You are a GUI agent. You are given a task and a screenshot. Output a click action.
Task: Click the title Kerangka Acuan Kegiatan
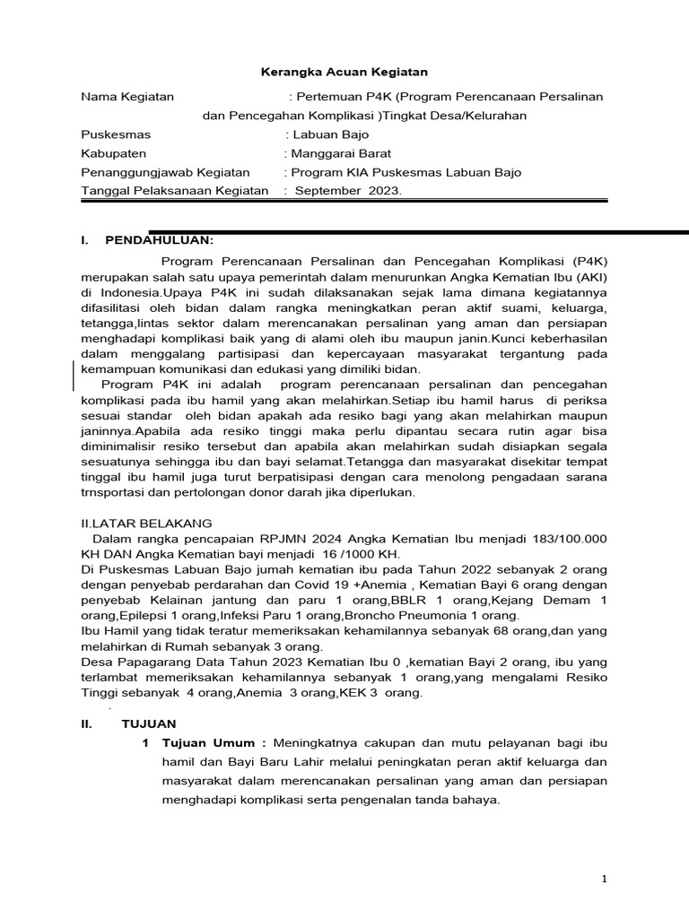(x=344, y=71)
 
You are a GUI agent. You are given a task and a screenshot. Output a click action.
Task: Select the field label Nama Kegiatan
(x=127, y=96)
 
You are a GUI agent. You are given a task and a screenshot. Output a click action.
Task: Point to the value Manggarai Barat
(x=339, y=153)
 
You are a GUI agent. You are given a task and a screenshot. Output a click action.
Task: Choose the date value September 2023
(x=349, y=191)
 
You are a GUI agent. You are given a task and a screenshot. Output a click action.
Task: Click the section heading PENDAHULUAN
(x=160, y=240)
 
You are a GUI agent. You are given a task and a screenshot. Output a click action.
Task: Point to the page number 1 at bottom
(x=604, y=879)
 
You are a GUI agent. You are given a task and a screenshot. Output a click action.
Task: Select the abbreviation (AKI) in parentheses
(x=590, y=277)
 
